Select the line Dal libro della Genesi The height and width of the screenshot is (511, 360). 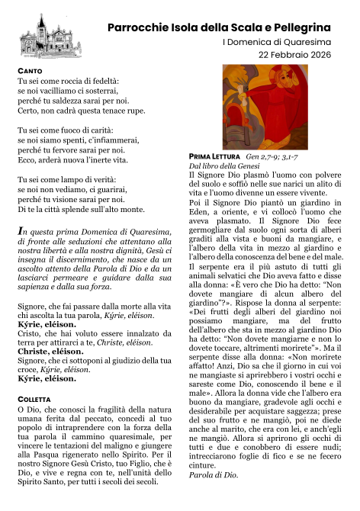(226, 166)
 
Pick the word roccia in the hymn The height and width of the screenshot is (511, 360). (64, 80)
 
